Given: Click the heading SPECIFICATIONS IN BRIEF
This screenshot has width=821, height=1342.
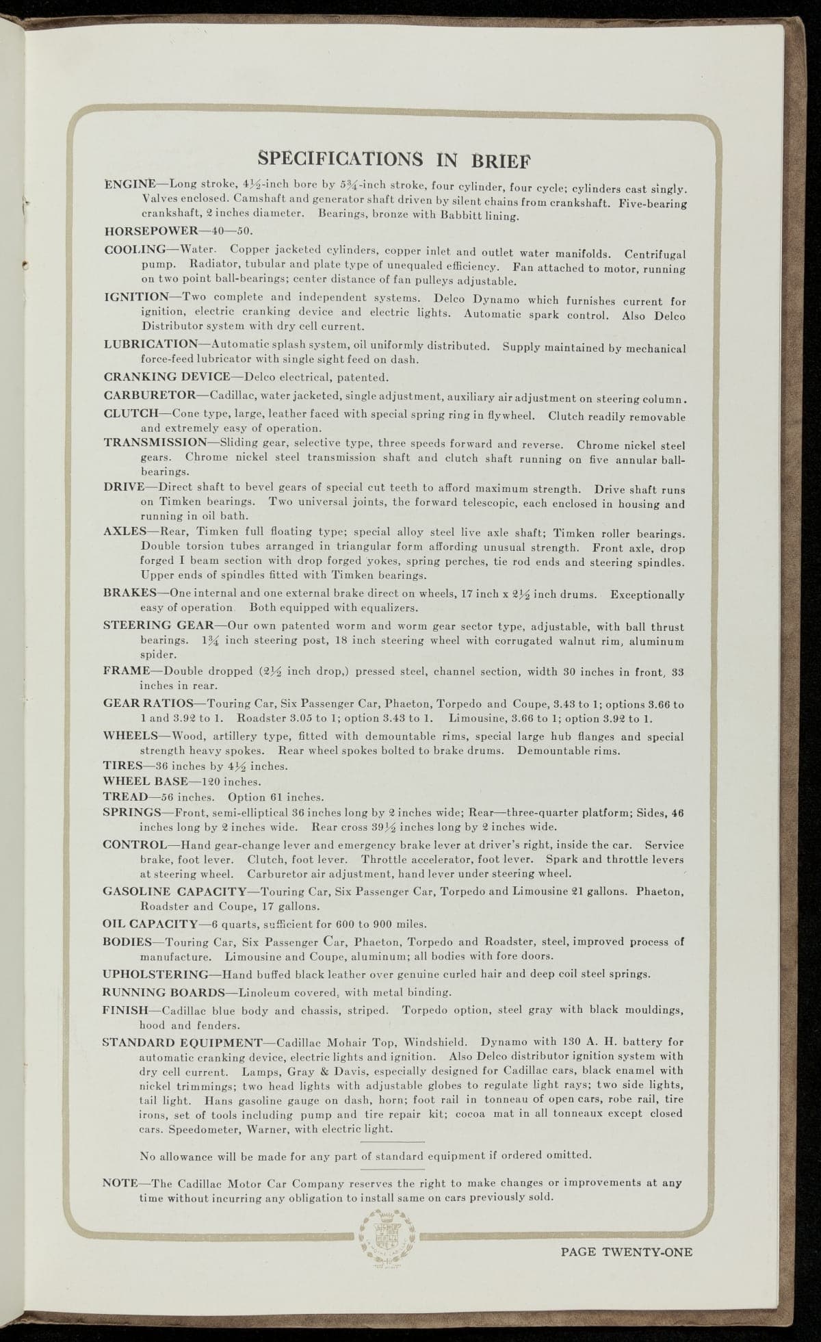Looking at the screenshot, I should [395, 158].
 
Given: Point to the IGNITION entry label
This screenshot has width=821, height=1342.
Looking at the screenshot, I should [137, 297].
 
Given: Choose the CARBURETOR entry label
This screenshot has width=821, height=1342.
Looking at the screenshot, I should [149, 396].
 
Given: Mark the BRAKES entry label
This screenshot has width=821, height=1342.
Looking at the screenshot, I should [131, 593].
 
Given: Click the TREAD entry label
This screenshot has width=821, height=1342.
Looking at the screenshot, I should [124, 797].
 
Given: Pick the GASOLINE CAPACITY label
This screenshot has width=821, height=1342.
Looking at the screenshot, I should [174, 892].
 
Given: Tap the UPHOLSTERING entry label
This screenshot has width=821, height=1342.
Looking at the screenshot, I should [155, 974].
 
